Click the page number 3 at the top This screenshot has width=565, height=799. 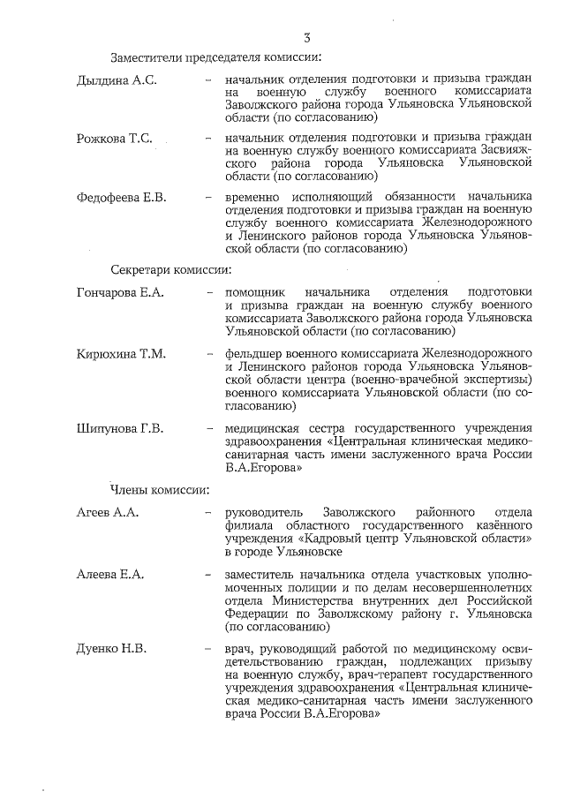tap(306, 37)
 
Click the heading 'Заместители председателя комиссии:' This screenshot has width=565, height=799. tap(215, 58)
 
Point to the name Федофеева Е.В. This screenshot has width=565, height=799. tap(122, 195)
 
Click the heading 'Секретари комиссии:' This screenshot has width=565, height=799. tap(171, 268)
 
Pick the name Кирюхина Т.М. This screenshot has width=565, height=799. tap(121, 354)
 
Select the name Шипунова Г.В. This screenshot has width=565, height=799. tap(120, 429)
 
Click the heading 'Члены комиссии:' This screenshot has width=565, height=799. tap(160, 488)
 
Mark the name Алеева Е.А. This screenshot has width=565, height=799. tap(110, 575)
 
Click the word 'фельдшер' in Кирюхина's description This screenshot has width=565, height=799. tap(252, 354)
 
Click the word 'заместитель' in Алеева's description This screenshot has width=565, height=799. tap(261, 575)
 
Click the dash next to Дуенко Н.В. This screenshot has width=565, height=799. tap(208, 651)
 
